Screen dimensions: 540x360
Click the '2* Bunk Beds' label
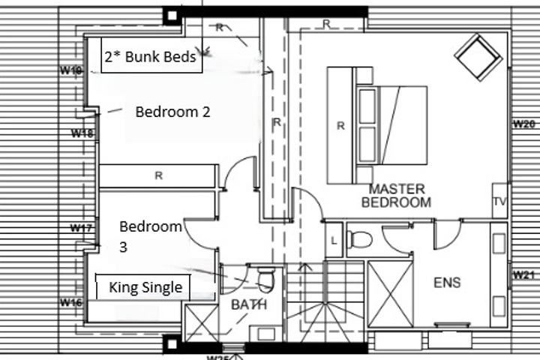pyautogui.click(x=151, y=56)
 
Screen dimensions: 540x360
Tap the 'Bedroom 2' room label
pyautogui.click(x=173, y=112)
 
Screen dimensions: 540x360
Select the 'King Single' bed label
pyautogui.click(x=145, y=287)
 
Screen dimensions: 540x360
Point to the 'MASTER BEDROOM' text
pyautogui.click(x=397, y=196)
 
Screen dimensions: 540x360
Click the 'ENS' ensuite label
pyautogui.click(x=447, y=283)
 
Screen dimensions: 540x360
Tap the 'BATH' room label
pyautogui.click(x=249, y=304)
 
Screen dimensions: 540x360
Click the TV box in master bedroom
pyautogui.click(x=499, y=201)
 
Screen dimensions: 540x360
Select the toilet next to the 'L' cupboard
pyautogui.click(x=359, y=239)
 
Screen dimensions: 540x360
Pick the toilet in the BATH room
pyautogui.click(x=266, y=278)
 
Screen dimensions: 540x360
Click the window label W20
pyautogui.click(x=523, y=124)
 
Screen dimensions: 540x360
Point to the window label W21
pyautogui.click(x=523, y=275)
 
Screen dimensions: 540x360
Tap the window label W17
pyautogui.click(x=81, y=228)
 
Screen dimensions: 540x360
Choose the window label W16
pyautogui.click(x=71, y=302)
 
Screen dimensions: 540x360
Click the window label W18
pyautogui.click(x=82, y=133)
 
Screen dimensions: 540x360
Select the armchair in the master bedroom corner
pyautogui.click(x=478, y=57)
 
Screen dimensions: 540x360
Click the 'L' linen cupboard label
pyautogui.click(x=334, y=241)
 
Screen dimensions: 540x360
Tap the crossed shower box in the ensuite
pyautogui.click(x=390, y=294)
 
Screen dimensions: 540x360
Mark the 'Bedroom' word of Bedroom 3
pyautogui.click(x=151, y=226)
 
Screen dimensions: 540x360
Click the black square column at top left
pyautogui.click(x=172, y=16)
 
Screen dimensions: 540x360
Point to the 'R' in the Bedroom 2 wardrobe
pyautogui.click(x=158, y=175)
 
